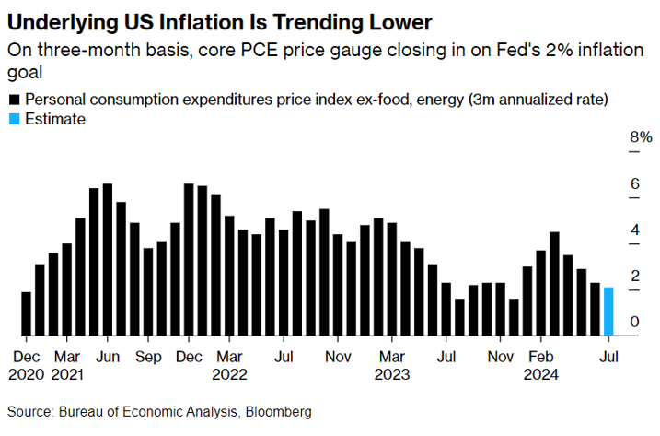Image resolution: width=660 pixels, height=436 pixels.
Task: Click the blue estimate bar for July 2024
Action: pyautogui.click(x=608, y=312)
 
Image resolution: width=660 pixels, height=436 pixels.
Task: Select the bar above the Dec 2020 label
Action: pyautogui.click(x=26, y=313)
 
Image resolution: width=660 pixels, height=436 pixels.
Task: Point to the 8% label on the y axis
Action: pyautogui.click(x=641, y=137)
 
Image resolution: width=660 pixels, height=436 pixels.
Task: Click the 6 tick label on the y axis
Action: pyautogui.click(x=634, y=183)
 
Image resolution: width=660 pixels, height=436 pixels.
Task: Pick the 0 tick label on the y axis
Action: pyautogui.click(x=634, y=321)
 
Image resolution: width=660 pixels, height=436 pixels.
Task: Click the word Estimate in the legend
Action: pyautogui.click(x=55, y=119)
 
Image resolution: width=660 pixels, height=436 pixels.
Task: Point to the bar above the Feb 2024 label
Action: pyautogui.click(x=540, y=293)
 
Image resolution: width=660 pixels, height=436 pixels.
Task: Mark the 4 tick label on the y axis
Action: pyautogui.click(x=634, y=229)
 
